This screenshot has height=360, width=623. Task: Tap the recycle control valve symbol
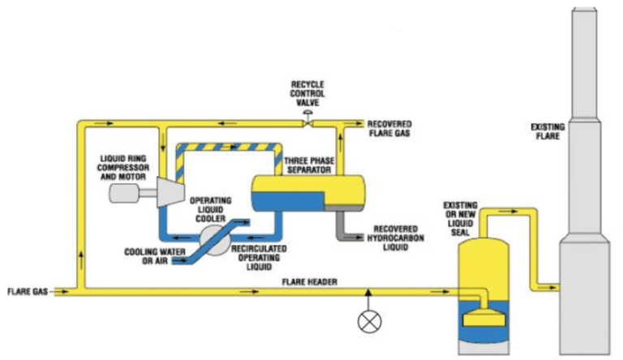point(307,123)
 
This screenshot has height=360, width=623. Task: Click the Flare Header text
point(309,281)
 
